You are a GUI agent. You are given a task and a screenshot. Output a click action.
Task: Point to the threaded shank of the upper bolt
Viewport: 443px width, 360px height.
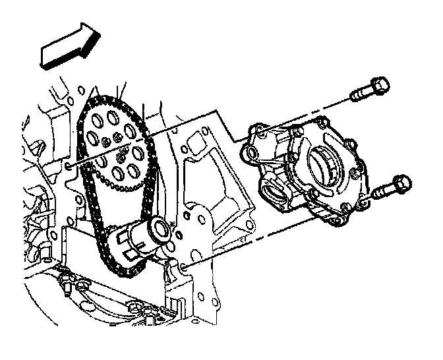coord(359,96)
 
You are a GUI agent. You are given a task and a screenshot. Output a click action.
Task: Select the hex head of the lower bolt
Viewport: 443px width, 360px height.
coord(399,185)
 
